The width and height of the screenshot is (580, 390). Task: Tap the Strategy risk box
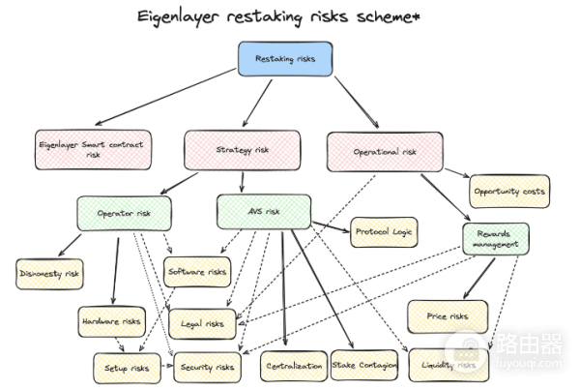[243, 150]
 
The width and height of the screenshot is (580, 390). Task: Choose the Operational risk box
[384, 151]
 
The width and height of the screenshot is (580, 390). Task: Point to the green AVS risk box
[263, 211]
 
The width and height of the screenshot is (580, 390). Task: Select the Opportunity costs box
[508, 191]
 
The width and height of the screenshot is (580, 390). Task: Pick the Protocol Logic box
[384, 231]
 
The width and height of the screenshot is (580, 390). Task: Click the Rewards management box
[495, 240]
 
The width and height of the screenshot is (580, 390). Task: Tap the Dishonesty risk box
[49, 274]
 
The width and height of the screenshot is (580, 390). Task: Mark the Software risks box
[197, 272]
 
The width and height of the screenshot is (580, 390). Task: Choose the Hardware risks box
[110, 320]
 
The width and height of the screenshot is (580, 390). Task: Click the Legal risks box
[202, 323]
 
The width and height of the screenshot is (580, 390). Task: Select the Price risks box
[447, 315]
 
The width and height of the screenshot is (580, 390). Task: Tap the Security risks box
[206, 367]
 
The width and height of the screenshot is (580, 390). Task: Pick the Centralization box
[293, 366]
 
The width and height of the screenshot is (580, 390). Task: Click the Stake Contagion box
[363, 365]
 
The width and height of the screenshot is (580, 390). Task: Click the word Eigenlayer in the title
[181, 16]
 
